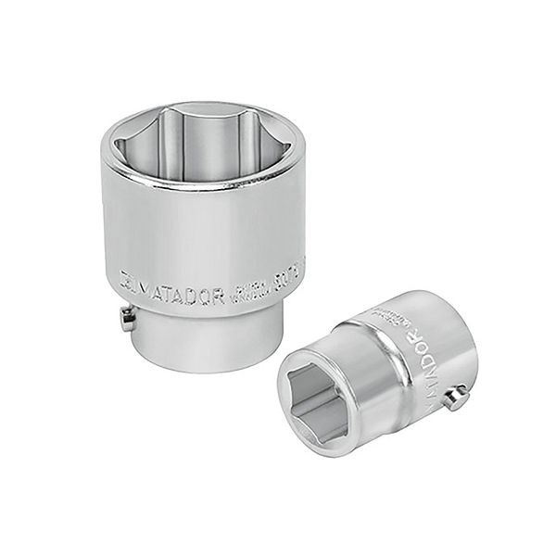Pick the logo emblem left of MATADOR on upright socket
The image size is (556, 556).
128,278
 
